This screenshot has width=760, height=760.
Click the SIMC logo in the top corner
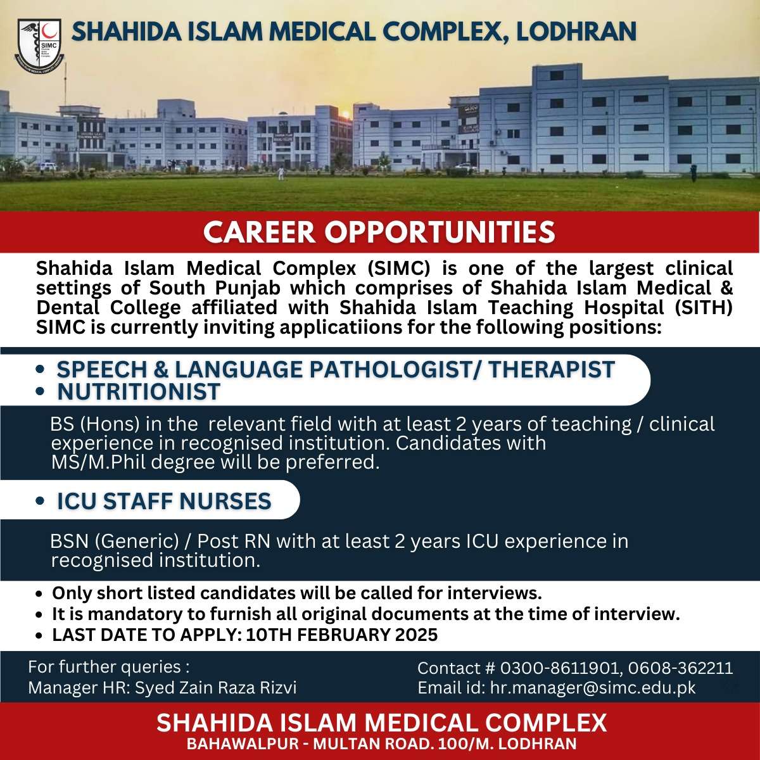click(39, 45)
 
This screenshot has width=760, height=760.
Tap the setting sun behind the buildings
click(346, 115)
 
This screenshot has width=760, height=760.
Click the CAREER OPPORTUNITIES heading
click(379, 232)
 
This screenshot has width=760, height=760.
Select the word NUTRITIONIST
click(139, 392)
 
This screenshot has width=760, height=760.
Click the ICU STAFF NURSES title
click(164, 501)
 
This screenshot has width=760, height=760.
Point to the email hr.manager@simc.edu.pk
click(592, 688)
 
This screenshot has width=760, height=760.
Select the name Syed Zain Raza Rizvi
click(215, 688)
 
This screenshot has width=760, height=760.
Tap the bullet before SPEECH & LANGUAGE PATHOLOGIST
click(41, 369)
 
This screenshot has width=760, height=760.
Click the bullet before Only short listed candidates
click(40, 595)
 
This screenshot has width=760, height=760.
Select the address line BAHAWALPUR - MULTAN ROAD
click(308, 744)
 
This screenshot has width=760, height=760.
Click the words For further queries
click(108, 667)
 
